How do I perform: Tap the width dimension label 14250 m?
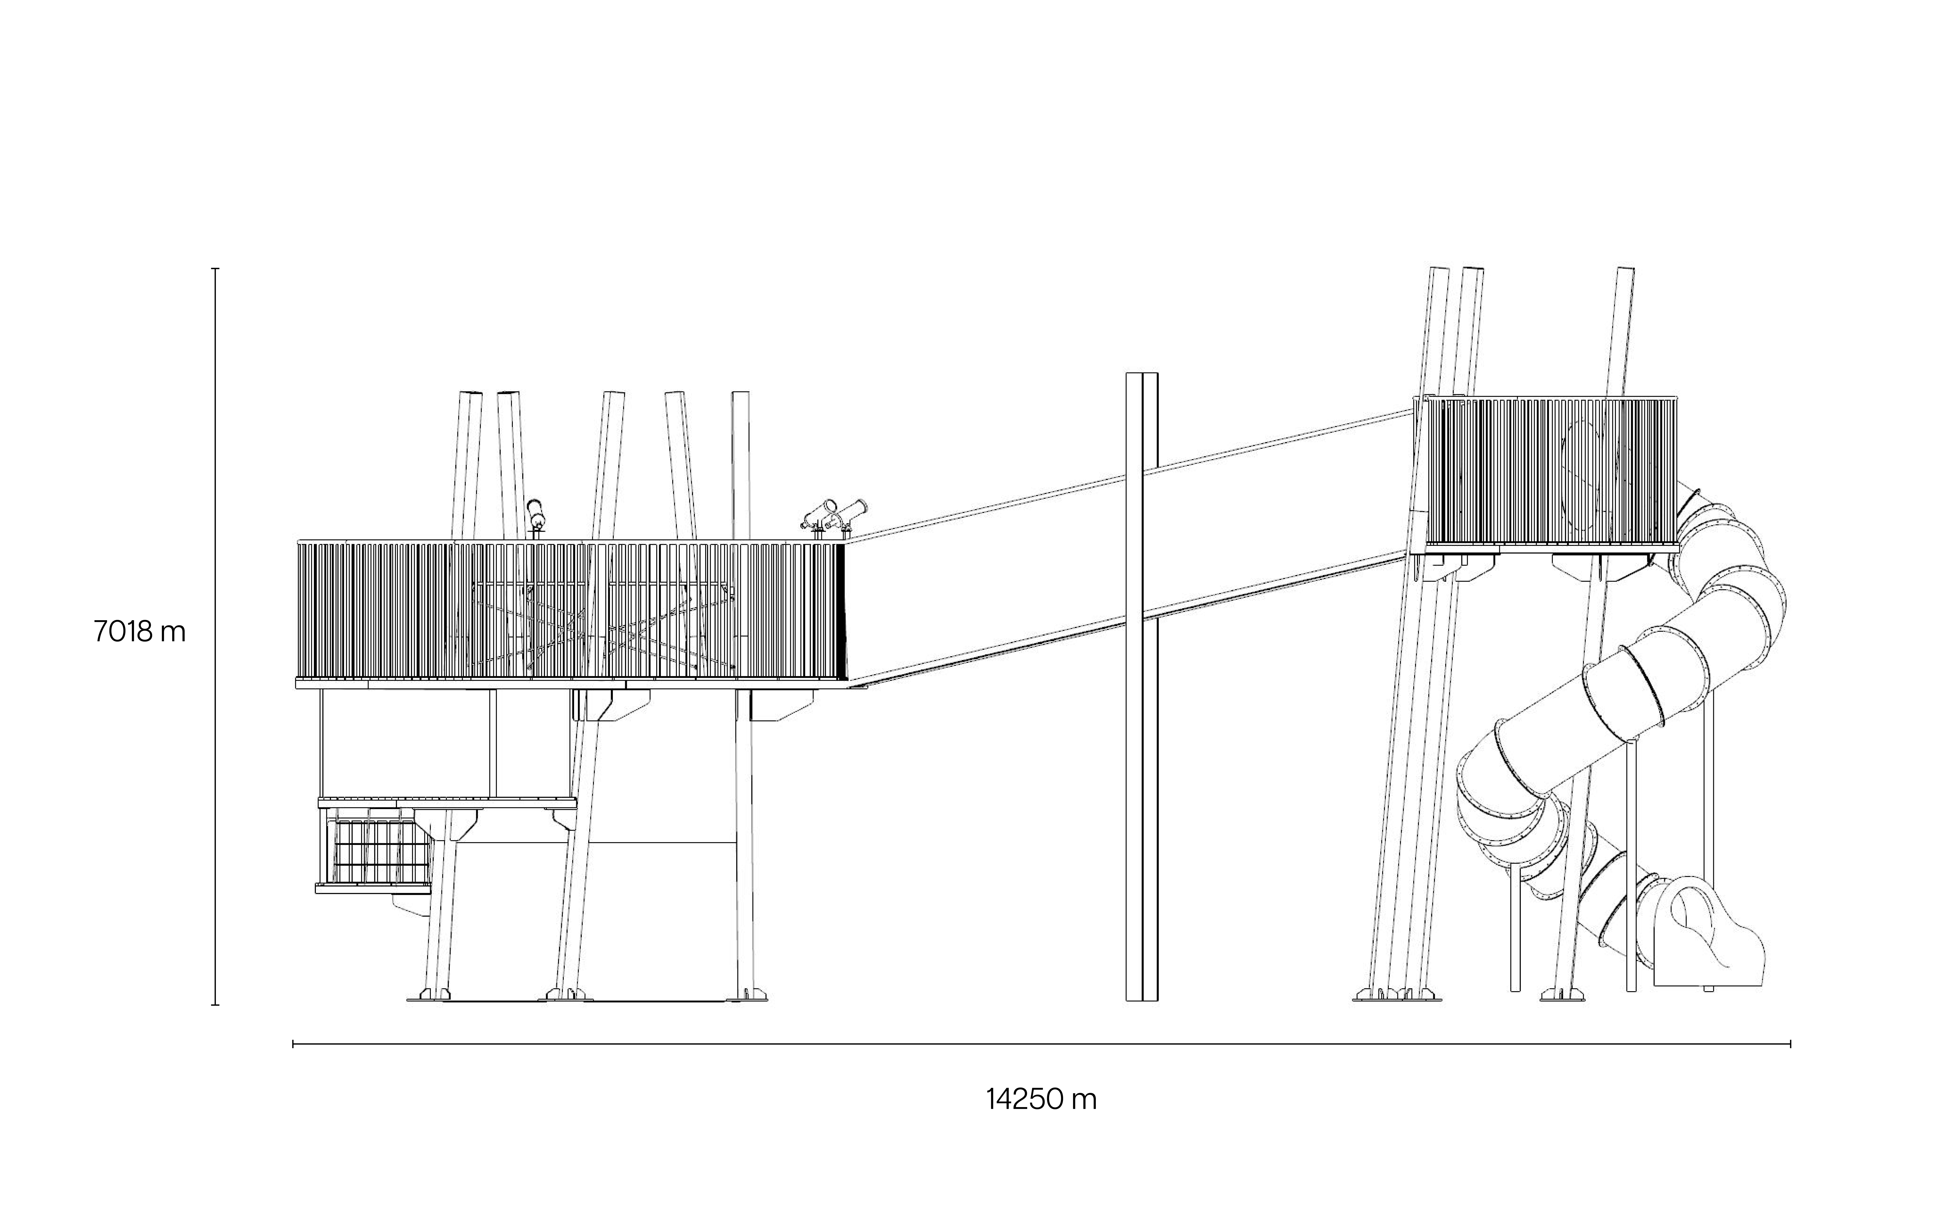point(1041,1099)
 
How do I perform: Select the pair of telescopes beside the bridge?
point(833,515)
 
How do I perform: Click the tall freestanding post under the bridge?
point(1142,685)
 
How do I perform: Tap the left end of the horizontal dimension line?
point(293,1045)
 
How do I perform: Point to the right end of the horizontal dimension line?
point(1790,1045)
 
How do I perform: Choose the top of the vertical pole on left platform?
point(740,395)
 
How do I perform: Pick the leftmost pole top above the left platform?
point(470,395)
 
